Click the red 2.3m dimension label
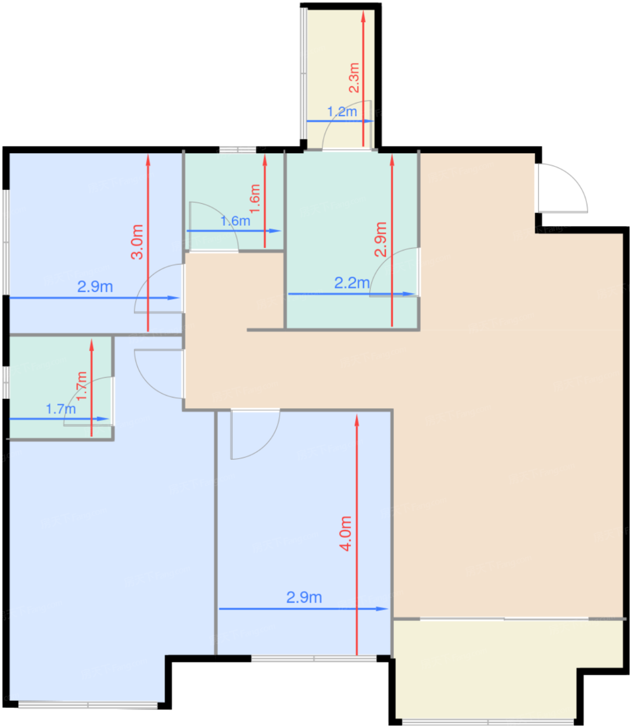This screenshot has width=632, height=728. (354, 77)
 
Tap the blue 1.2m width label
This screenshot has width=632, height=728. (342, 112)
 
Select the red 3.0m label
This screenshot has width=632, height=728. (137, 242)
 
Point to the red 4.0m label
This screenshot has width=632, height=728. (345, 534)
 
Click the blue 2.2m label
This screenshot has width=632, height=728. (352, 283)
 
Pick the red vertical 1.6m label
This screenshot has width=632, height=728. (255, 199)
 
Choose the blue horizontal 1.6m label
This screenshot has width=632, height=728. (235, 221)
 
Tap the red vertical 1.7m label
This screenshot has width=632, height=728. (82, 385)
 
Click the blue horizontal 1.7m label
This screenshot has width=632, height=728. (61, 409)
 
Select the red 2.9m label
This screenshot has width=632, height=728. (380, 239)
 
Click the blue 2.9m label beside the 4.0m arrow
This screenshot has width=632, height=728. (304, 597)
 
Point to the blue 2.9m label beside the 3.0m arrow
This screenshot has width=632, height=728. (95, 287)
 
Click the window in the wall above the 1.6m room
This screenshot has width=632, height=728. (237, 149)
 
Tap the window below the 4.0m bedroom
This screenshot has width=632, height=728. (314, 659)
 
